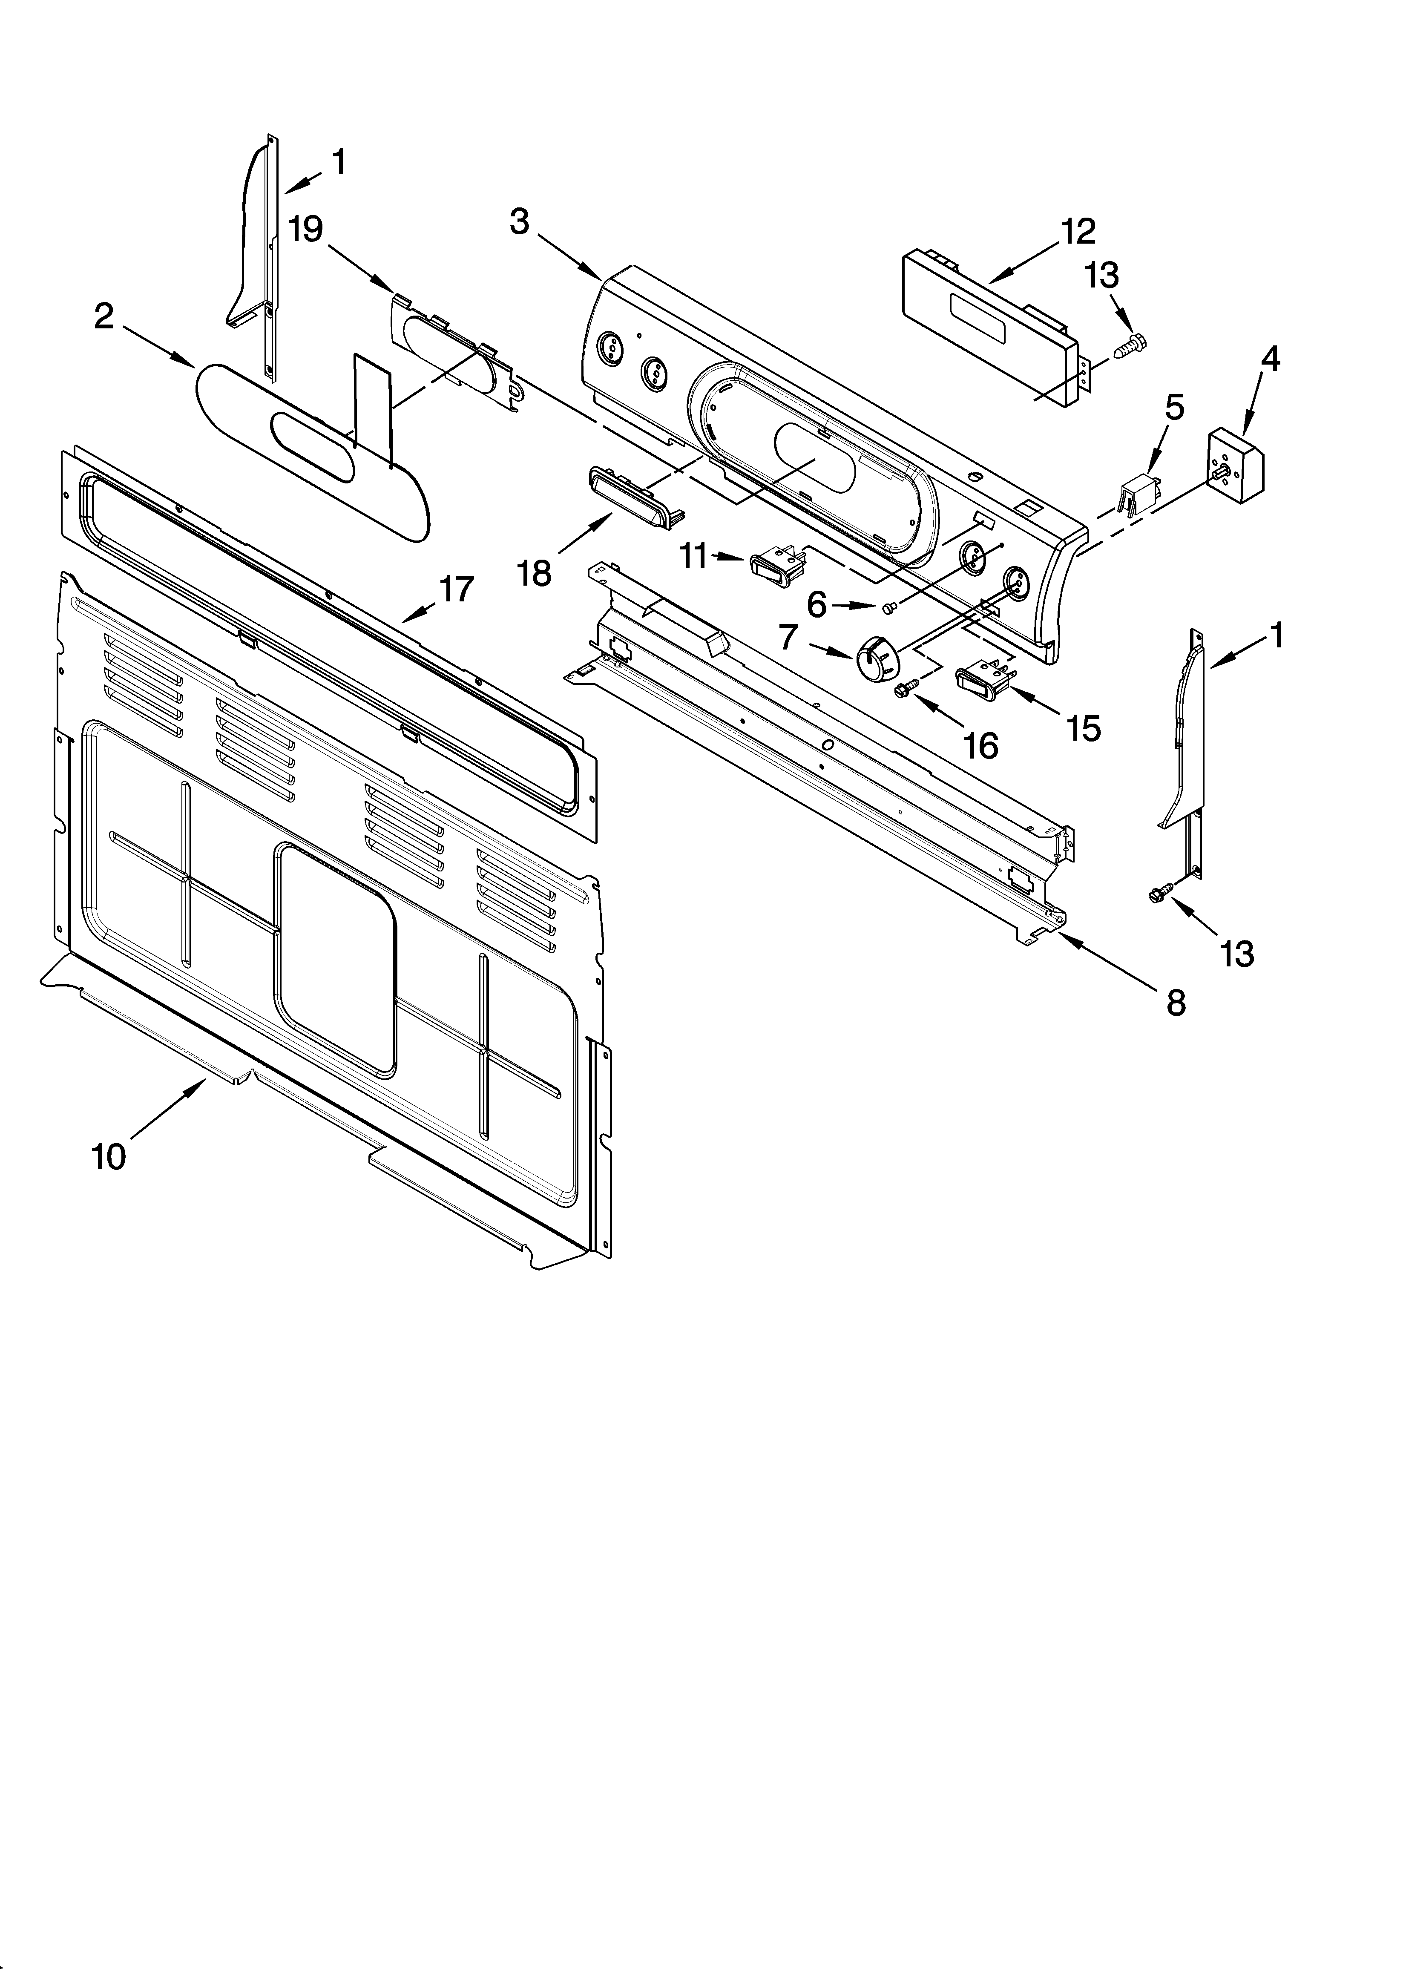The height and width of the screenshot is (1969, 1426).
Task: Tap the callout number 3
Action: click(519, 222)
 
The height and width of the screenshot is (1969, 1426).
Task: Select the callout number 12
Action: click(1077, 232)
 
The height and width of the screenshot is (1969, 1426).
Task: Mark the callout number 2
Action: click(104, 317)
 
